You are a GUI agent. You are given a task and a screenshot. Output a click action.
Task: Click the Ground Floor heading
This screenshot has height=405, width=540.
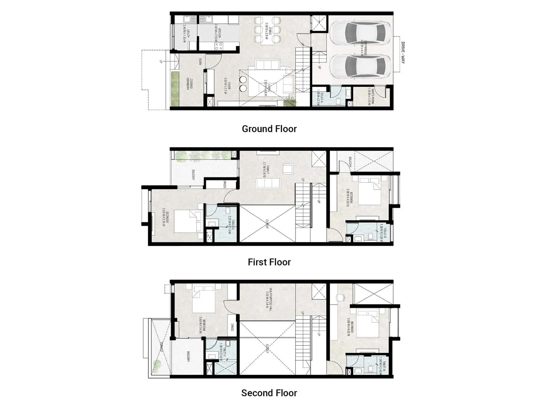tap(269, 129)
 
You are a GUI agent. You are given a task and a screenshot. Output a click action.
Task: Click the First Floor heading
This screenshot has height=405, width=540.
tap(269, 262)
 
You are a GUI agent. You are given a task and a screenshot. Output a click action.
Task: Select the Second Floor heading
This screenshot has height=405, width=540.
tap(269, 393)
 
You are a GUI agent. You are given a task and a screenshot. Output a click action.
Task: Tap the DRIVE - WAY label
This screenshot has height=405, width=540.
tap(403, 53)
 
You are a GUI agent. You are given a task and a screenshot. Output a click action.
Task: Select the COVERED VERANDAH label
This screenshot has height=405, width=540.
tap(190, 84)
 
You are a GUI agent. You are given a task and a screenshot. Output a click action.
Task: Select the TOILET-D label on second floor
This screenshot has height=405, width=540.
tap(383, 364)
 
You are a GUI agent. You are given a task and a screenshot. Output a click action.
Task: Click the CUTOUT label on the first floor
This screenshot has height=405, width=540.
tap(267, 224)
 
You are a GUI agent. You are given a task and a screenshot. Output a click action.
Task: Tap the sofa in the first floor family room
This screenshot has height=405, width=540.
tap(268, 183)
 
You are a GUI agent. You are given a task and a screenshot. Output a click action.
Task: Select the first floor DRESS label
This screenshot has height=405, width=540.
tap(224, 184)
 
